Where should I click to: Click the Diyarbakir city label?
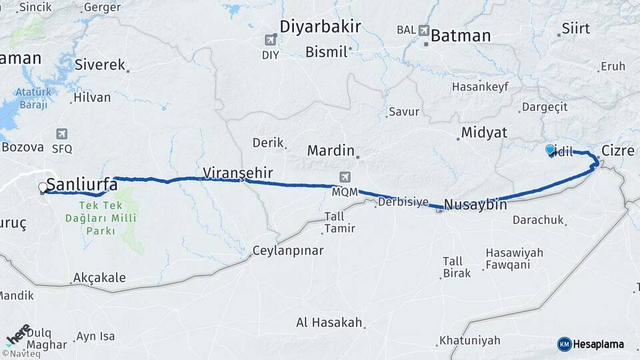pyautogui.click(x=320, y=27)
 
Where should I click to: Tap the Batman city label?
pyautogui.click(x=461, y=36)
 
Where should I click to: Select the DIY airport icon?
pyautogui.click(x=271, y=40)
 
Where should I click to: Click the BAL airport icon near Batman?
pyautogui.click(x=425, y=29)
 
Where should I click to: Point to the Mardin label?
pyautogui.click(x=330, y=151)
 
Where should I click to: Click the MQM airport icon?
pyautogui.click(x=345, y=177)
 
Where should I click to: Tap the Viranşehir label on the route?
pyautogui.click(x=238, y=173)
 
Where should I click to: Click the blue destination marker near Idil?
pyautogui.click(x=550, y=151)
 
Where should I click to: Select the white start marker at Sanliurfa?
pyautogui.click(x=43, y=188)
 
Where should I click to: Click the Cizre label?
pyautogui.click(x=617, y=151)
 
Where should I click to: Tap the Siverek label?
pyautogui.click(x=100, y=65)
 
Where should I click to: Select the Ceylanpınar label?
pyautogui.click(x=288, y=251)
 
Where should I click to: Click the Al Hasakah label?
pyautogui.click(x=329, y=323)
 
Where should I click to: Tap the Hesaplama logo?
pyautogui.click(x=591, y=344)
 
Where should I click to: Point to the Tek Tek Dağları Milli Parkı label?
pyautogui.click(x=107, y=219)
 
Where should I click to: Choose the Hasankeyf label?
pyautogui.click(x=479, y=87)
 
